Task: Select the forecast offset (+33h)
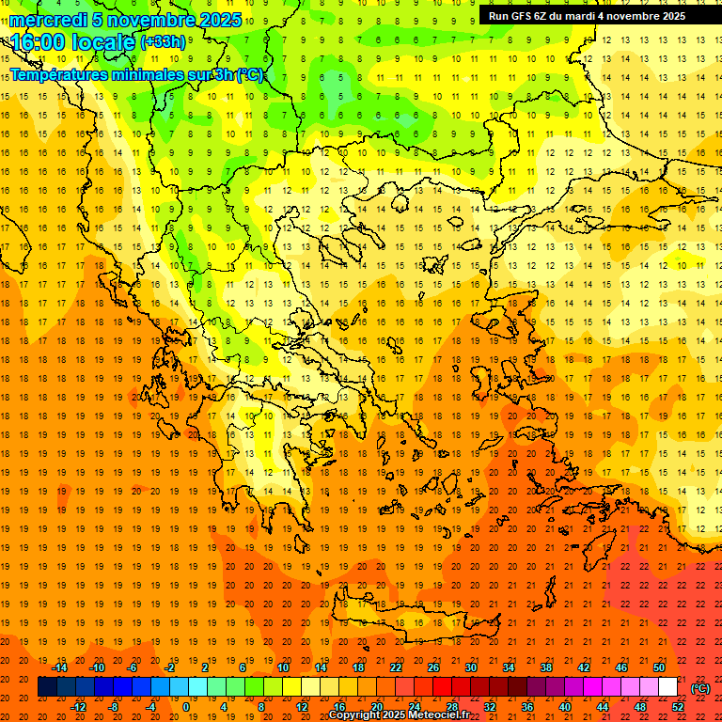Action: pyautogui.click(x=163, y=41)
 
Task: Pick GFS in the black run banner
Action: pyautogui.click(x=521, y=16)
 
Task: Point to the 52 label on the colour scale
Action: pyautogui.click(x=678, y=707)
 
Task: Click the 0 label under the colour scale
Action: pyautogui.click(x=185, y=707)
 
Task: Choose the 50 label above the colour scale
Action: pyautogui.click(x=659, y=667)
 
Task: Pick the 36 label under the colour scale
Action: pyautogui.click(x=527, y=707)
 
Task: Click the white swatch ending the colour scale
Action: pyautogui.click(x=667, y=687)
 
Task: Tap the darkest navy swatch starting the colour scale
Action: pyautogui.click(x=47, y=687)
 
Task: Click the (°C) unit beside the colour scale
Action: pyautogui.click(x=700, y=688)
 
